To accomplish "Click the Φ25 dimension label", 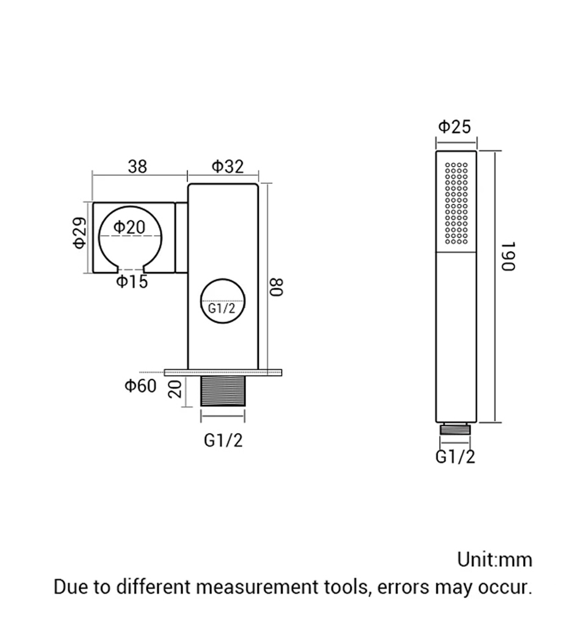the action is pyautogui.click(x=454, y=127).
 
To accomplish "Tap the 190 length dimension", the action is pyautogui.click(x=508, y=257).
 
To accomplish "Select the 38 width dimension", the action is pyautogui.click(x=137, y=167).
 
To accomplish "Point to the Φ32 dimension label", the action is pyautogui.click(x=228, y=166).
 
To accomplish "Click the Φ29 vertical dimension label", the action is pyautogui.click(x=79, y=233).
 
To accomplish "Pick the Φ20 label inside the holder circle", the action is pyautogui.click(x=129, y=227).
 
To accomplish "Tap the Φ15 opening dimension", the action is pyautogui.click(x=132, y=282).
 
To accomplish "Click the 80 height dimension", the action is pyautogui.click(x=277, y=287).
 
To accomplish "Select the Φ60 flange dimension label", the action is pyautogui.click(x=140, y=386).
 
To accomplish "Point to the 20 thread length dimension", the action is pyautogui.click(x=175, y=388).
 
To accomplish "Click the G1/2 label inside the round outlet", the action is pyautogui.click(x=222, y=308).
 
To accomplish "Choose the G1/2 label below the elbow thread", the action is pyautogui.click(x=223, y=440).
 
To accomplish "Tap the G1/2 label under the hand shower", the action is pyautogui.click(x=455, y=457).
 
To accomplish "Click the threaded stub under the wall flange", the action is pyautogui.click(x=223, y=391).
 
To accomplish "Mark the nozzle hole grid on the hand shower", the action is pyautogui.click(x=457, y=203).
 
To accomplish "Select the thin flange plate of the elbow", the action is pyautogui.click(x=223, y=373).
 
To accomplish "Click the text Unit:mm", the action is pyautogui.click(x=494, y=560).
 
